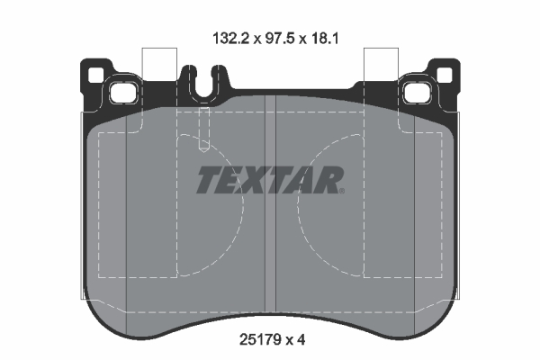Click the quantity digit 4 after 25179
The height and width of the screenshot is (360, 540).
pos(301,341)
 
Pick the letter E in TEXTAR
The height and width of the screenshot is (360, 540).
pos(232,180)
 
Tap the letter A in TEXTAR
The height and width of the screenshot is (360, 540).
pos(303,180)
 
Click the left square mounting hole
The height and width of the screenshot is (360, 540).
pos(120,92)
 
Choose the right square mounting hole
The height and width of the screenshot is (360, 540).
pos(419,92)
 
